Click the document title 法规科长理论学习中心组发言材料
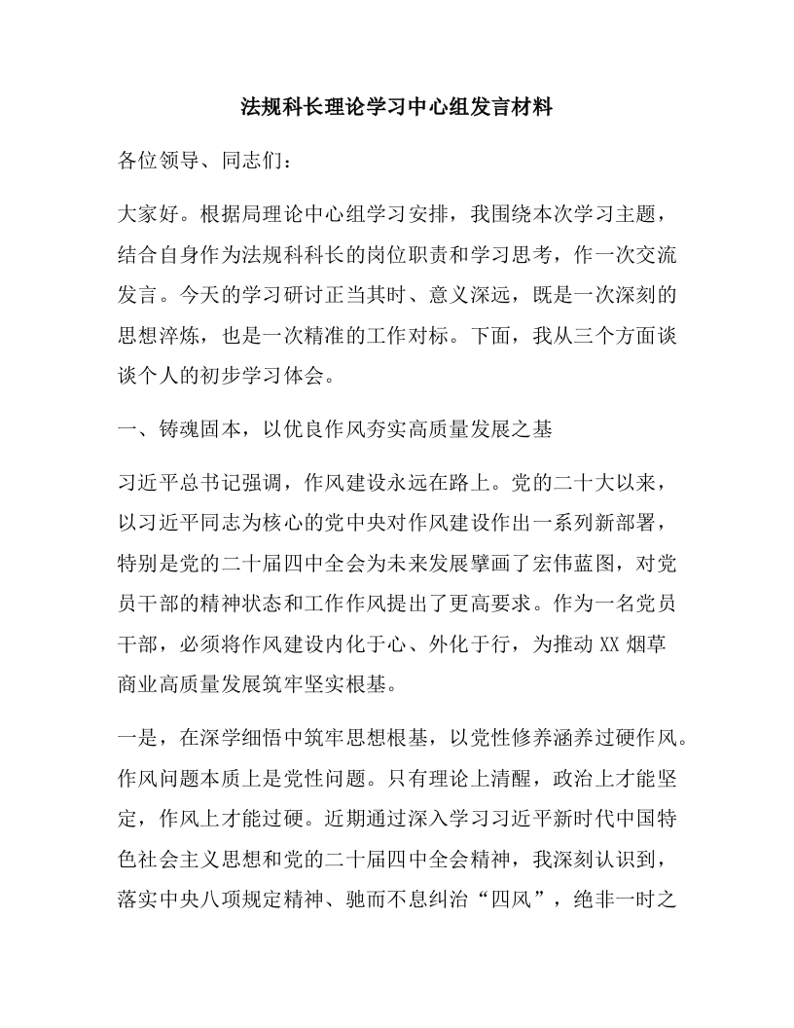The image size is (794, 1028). pos(397,109)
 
